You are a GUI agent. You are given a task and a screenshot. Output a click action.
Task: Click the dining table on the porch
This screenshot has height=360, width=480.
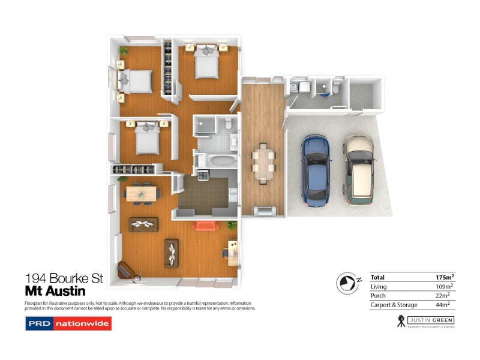coord(263,161)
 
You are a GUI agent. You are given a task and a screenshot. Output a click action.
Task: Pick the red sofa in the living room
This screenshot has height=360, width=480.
coord(205,226)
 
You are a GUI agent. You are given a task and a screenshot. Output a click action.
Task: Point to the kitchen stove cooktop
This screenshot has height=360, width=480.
coord(203,176)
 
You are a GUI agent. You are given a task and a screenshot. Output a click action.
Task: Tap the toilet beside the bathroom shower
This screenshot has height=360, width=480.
coord(227,124)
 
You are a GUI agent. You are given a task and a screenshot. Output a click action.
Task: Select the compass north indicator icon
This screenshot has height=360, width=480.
coord(346,281)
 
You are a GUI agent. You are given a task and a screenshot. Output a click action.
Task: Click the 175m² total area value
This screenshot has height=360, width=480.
coord(445,277)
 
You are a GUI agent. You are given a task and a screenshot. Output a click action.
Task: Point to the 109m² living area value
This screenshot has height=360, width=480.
coord(444,287)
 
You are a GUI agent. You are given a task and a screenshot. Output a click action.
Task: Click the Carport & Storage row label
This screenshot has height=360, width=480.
coord(394,305)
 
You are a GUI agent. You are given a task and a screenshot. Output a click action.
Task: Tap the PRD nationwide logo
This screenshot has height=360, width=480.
coord(68,324)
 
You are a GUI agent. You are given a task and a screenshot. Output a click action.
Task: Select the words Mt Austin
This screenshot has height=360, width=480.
coord(55,292)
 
